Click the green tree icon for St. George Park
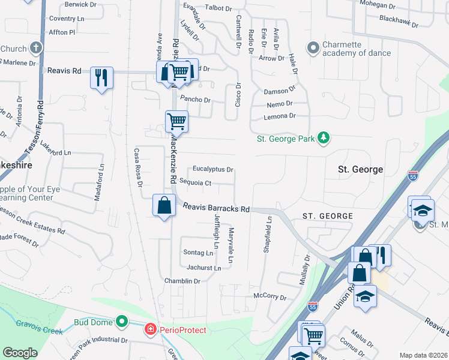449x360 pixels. click(324, 139)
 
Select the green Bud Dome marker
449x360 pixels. click(122, 322)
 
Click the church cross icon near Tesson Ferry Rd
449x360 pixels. click(35, 48)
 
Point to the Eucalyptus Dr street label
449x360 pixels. click(212, 170)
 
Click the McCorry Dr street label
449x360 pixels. click(270, 296)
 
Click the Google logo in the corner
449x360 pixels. click(20, 353)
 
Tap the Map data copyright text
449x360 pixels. click(423, 355)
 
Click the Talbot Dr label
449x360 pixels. click(218, 8)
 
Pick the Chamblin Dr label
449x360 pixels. click(182, 281)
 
